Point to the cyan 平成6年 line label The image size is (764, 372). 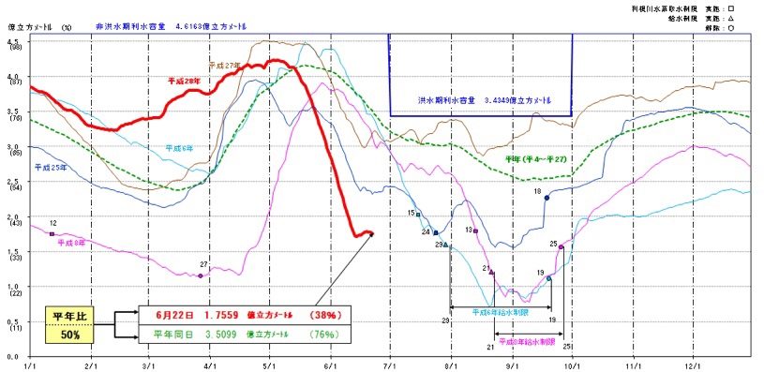(181, 148)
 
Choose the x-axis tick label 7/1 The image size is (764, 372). (388, 365)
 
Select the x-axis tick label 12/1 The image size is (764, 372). (694, 365)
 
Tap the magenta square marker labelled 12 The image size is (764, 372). (52, 233)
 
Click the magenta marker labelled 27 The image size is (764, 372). (201, 275)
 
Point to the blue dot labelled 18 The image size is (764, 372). (547, 198)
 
